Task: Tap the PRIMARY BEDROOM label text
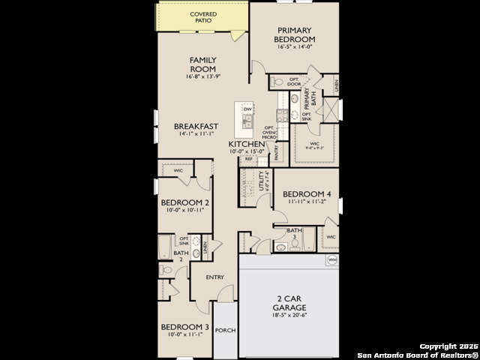[x=293, y=34]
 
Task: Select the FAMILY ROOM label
[x=202, y=64]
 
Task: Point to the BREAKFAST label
[x=196, y=126]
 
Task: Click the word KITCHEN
[x=246, y=143]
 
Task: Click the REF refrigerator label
[x=248, y=159]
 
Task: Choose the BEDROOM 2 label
[x=185, y=202]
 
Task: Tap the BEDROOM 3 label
[x=185, y=327]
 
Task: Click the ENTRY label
[x=215, y=277]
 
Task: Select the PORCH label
[x=224, y=330]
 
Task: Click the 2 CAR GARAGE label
[x=289, y=302]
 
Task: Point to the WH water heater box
[x=331, y=260]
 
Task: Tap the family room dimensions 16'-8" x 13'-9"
[x=202, y=77]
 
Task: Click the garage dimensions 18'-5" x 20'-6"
[x=289, y=314]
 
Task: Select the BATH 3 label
[x=294, y=233]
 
